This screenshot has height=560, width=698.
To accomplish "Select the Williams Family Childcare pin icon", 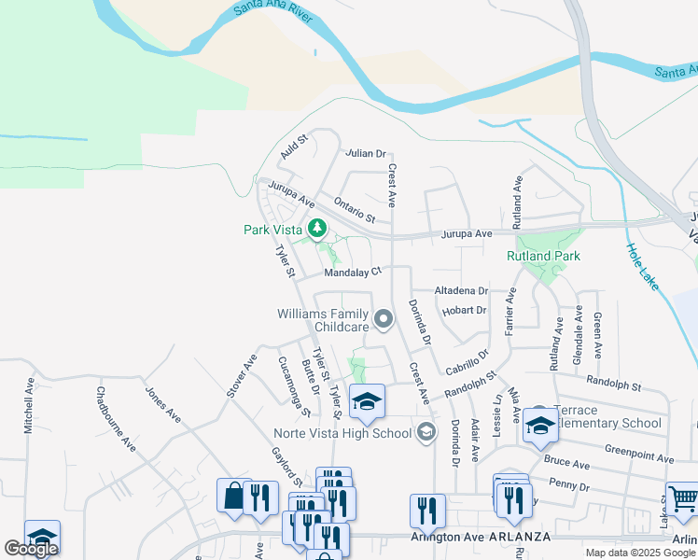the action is coord(383,321).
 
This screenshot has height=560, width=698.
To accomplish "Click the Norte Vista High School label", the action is coord(342,432).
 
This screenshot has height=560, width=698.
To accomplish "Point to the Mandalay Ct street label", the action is coord(353,273).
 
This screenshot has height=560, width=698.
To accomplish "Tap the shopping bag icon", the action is coord(232,496).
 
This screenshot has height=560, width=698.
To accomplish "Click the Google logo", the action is coord(31,549).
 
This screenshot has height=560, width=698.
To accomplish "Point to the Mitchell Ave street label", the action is coord(29,409).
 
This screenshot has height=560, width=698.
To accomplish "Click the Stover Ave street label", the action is coord(240,376).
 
